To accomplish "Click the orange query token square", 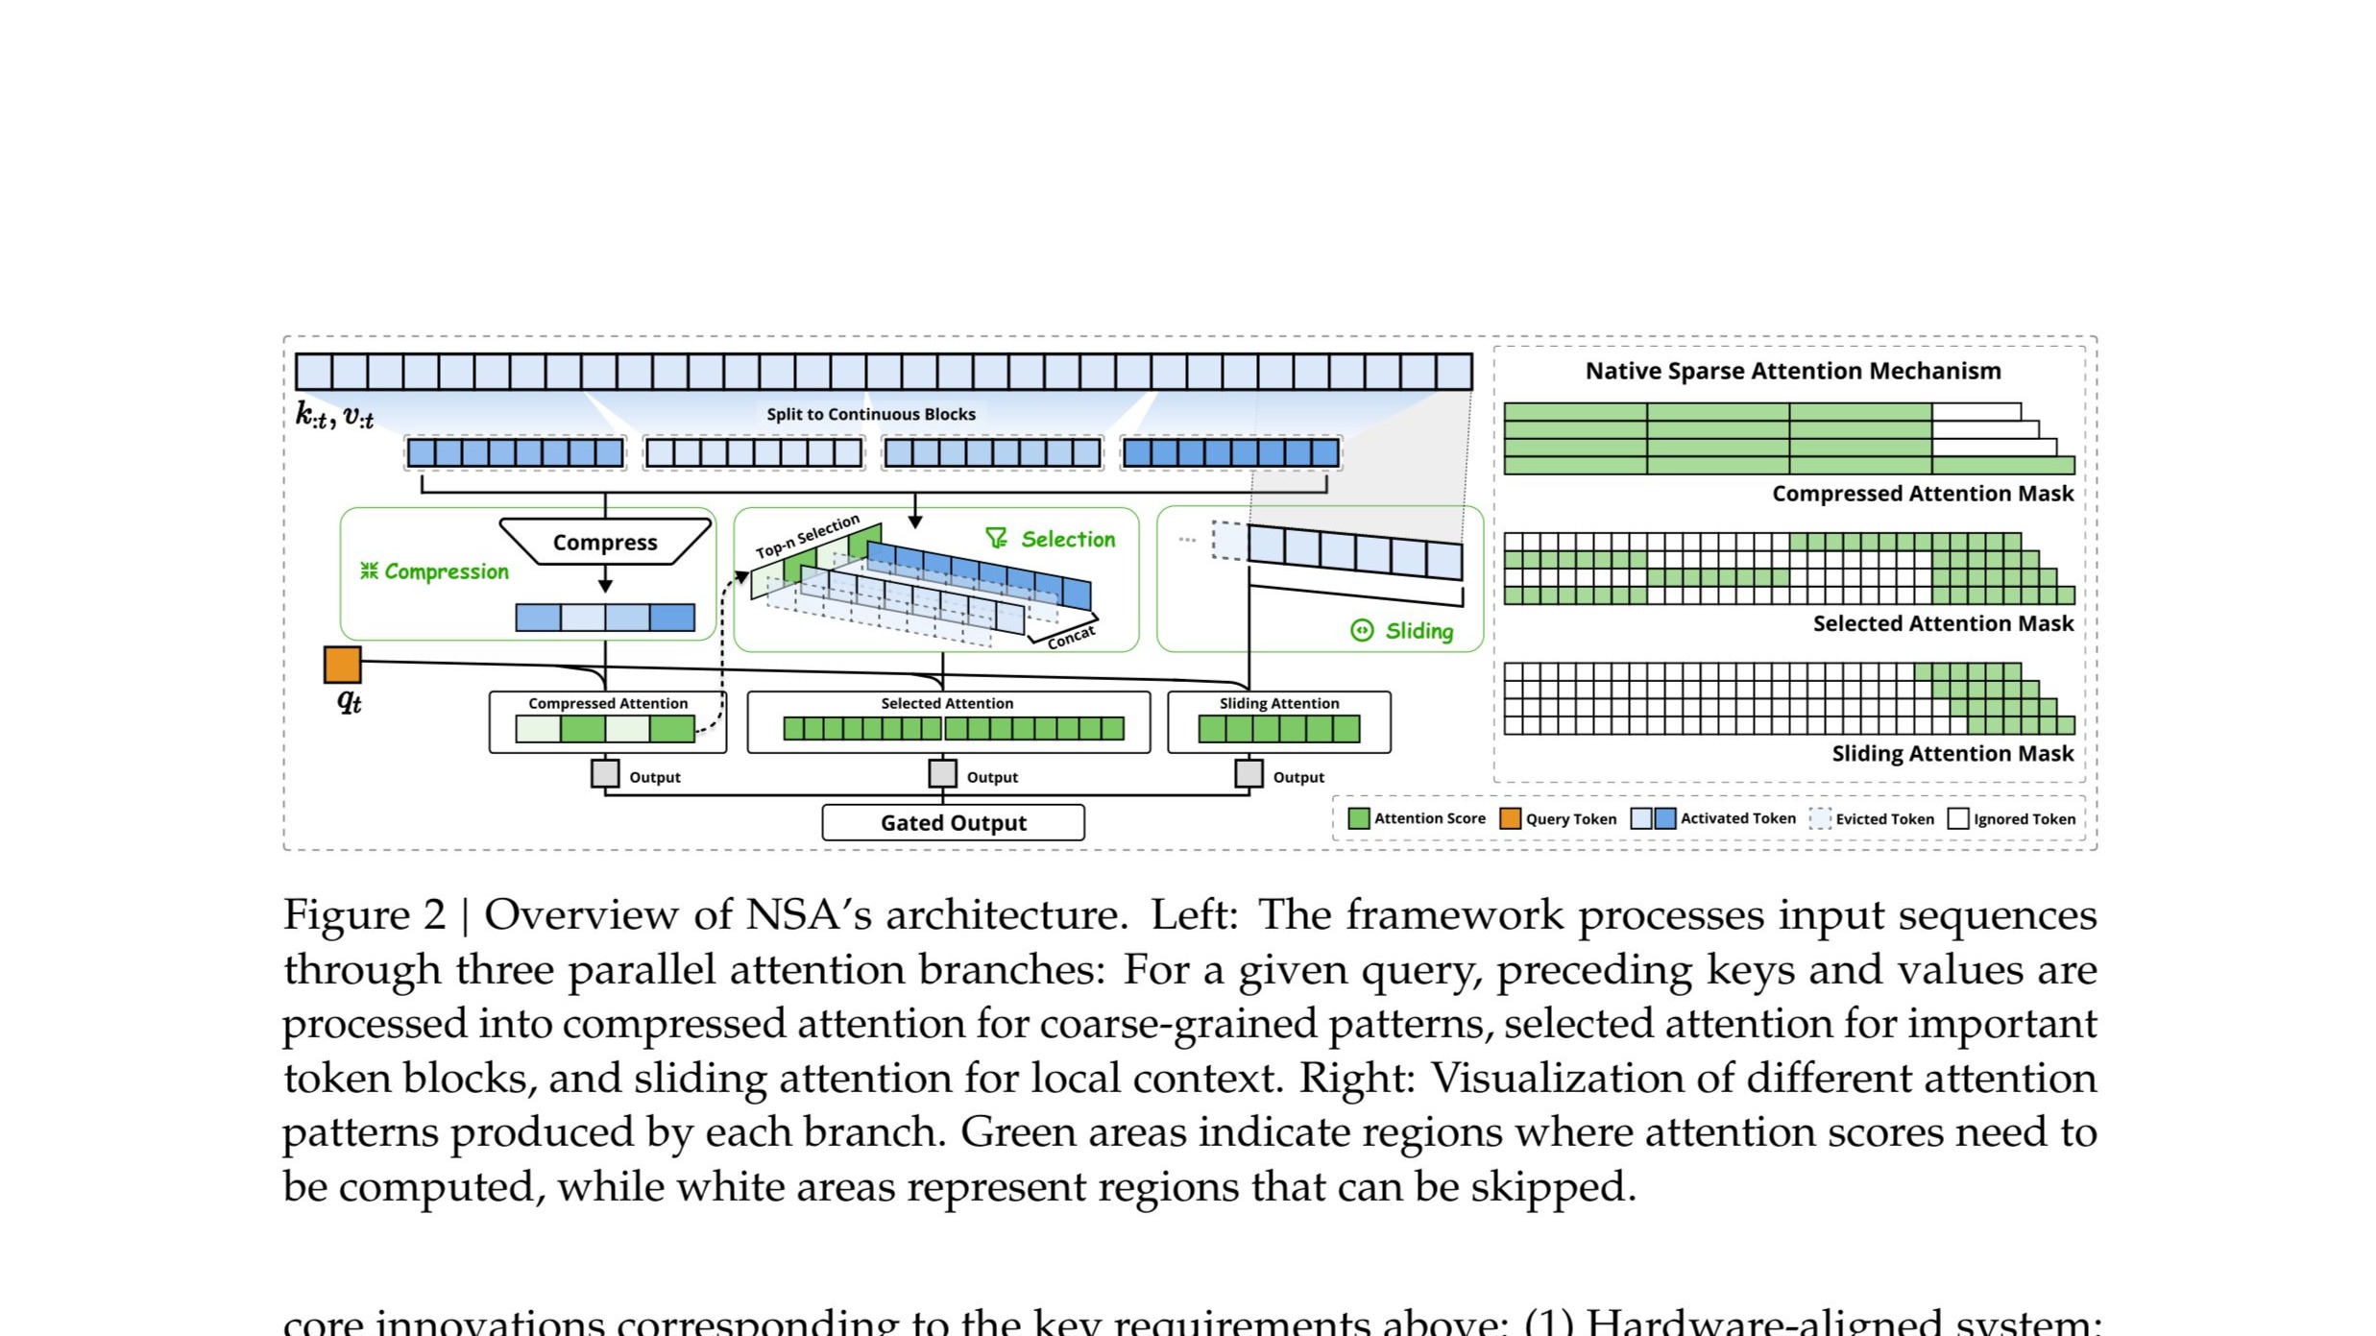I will pos(342,665).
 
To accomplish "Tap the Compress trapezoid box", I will pos(605,542).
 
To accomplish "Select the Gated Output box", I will pos(953,823).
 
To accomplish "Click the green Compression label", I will pos(435,571).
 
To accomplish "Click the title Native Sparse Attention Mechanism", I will pos(1792,371).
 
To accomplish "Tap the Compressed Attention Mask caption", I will pos(1922,494).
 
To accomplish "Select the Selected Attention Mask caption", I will pos(1942,623).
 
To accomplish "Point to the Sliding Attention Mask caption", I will pos(1952,754).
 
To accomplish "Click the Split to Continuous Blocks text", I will pos(870,414).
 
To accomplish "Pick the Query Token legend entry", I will pos(1559,818).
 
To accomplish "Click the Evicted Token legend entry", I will pos(1873,818).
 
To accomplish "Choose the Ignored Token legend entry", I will pos(2012,818).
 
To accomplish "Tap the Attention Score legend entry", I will pos(1418,818).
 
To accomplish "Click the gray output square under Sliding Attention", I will pos(1248,773).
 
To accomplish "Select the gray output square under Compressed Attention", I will pos(605,773).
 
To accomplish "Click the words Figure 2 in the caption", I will pos(364,914).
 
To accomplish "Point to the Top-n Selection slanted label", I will pos(807,537).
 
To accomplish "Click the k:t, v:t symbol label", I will pos(334,416).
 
